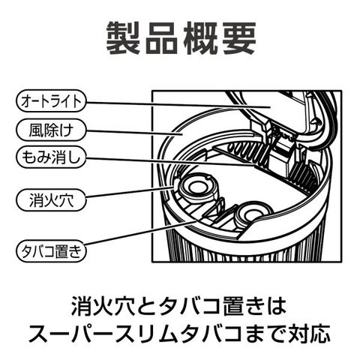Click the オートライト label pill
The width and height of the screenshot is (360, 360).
(x=51, y=101)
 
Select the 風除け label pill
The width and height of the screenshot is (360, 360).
(x=51, y=130)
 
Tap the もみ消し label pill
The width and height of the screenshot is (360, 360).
(x=51, y=157)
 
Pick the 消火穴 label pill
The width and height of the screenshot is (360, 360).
(x=51, y=200)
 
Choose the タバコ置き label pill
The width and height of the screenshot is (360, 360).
(x=51, y=250)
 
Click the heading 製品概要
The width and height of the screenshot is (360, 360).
(x=181, y=38)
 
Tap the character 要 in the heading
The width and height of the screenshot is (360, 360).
(x=238, y=38)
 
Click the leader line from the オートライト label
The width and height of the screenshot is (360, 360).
(x=178, y=104)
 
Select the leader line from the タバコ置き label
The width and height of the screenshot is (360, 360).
(x=140, y=232)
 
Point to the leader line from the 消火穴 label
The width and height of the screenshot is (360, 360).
(x=130, y=192)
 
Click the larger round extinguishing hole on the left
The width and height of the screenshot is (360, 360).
(x=199, y=187)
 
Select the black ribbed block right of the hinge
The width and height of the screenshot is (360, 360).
(x=302, y=174)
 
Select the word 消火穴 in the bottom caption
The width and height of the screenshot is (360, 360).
(x=103, y=306)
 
